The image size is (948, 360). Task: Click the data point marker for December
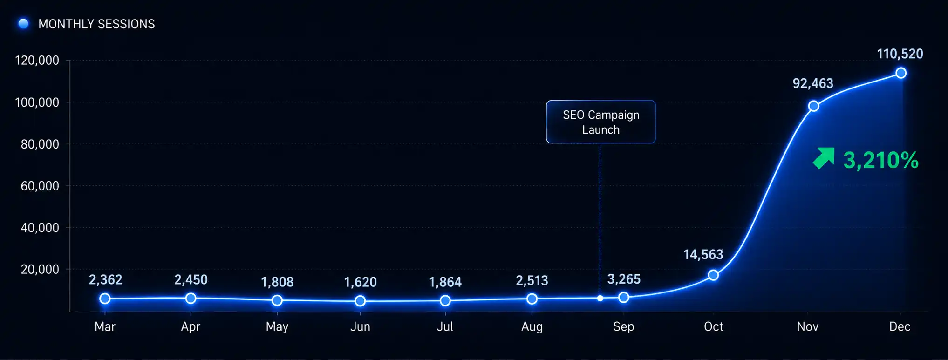pyautogui.click(x=901, y=73)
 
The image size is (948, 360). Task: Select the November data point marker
pyautogui.click(x=814, y=106)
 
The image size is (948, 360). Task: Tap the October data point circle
pyautogui.click(x=713, y=275)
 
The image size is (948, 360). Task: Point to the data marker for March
pyautogui.click(x=105, y=299)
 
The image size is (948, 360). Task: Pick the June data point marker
pyautogui.click(x=360, y=301)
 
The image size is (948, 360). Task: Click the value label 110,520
pyautogui.click(x=900, y=54)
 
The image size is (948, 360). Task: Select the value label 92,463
pyautogui.click(x=813, y=83)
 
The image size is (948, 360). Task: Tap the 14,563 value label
pyautogui.click(x=703, y=255)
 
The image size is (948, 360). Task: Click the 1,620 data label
pyautogui.click(x=360, y=282)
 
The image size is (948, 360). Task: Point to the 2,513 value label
pyautogui.click(x=532, y=281)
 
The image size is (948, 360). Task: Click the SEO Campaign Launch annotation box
pyautogui.click(x=601, y=122)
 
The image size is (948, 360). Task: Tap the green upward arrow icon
pyautogui.click(x=824, y=158)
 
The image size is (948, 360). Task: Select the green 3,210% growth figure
pyautogui.click(x=881, y=160)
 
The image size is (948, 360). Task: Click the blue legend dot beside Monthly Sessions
pyautogui.click(x=23, y=23)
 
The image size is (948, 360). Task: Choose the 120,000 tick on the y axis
pyautogui.click(x=37, y=61)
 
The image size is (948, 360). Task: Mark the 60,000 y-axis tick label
pyautogui.click(x=40, y=186)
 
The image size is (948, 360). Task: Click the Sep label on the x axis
pyautogui.click(x=624, y=327)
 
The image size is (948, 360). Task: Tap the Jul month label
pyautogui.click(x=445, y=326)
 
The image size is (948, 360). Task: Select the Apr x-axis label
pyautogui.click(x=191, y=327)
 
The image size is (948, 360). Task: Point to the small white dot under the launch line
pyautogui.click(x=600, y=298)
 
